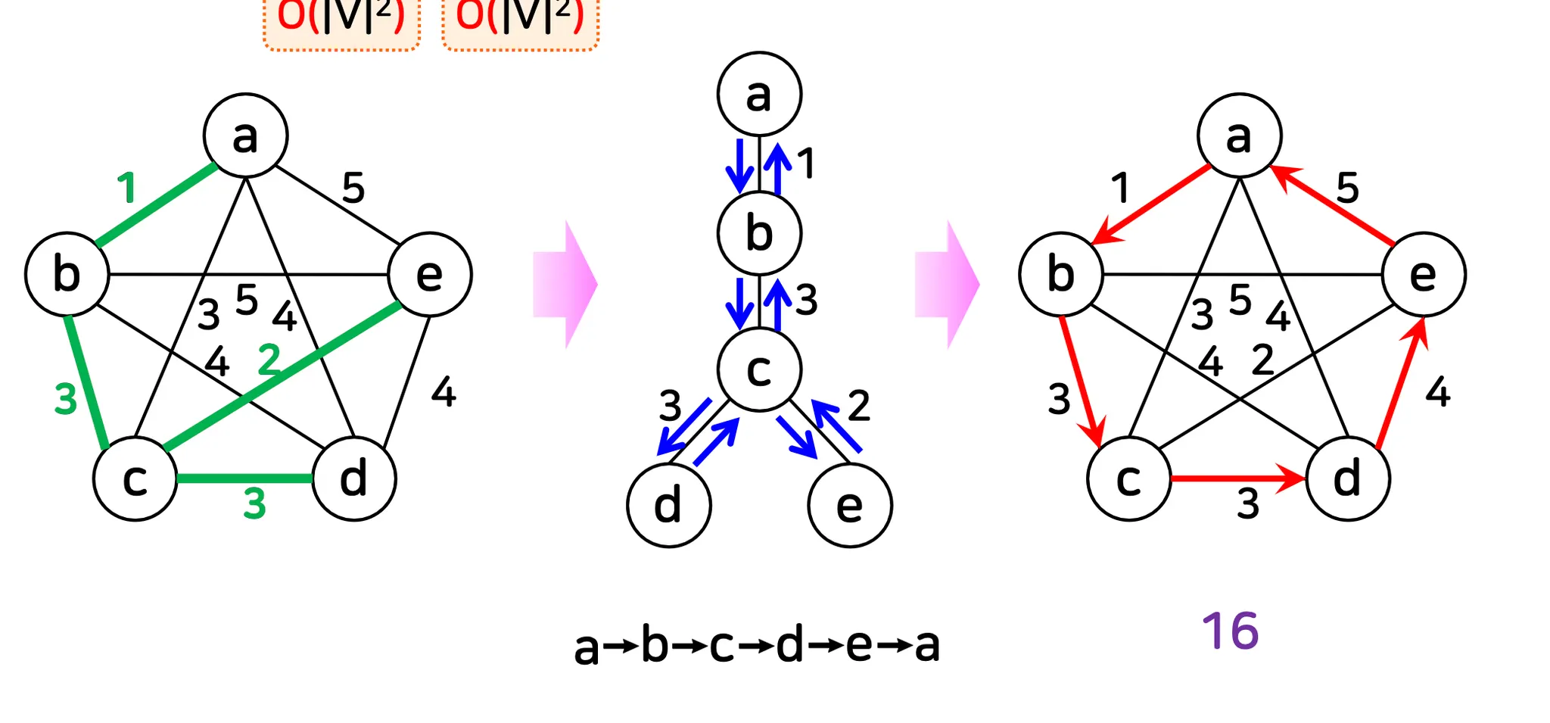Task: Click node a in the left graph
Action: [x=245, y=136]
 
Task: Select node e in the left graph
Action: [x=430, y=274]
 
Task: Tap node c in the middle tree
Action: [x=759, y=369]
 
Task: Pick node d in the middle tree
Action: [x=668, y=505]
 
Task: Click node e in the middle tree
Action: [x=850, y=505]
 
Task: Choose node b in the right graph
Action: [x=1060, y=274]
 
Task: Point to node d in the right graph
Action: [x=1347, y=478]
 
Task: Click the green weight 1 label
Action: [x=127, y=188]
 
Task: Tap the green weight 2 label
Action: [x=269, y=360]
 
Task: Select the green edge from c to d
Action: [x=244, y=478]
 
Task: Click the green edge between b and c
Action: [x=86, y=379]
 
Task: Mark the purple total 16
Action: [x=1231, y=631]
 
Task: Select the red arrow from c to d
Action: [x=1237, y=478]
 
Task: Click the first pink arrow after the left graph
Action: [x=565, y=285]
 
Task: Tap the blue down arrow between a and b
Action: [x=739, y=165]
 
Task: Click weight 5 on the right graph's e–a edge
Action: [x=1347, y=187]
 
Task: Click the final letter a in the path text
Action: [x=927, y=646]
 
